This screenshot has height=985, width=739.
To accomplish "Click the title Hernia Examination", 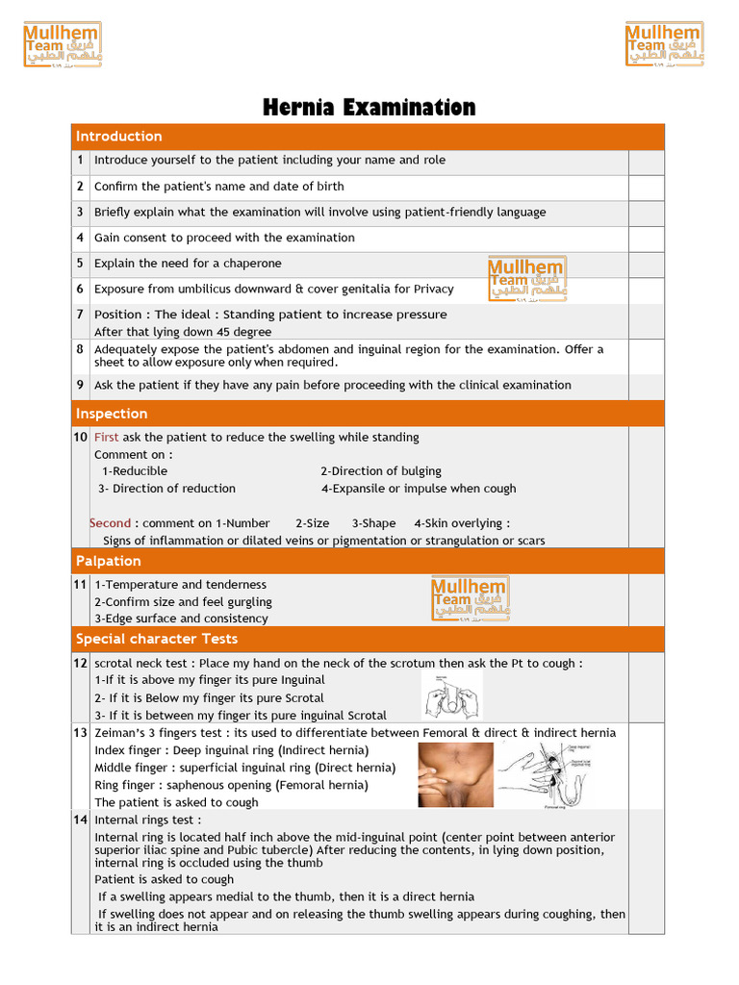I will point(369,108).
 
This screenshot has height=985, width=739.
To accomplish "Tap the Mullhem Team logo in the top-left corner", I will point(63,44).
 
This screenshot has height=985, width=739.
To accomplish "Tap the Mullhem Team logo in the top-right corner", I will point(664,44).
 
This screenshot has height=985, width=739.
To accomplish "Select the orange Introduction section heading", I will point(119,137).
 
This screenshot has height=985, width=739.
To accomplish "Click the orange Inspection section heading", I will point(112,414).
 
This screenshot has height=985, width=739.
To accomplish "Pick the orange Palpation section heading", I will point(109,561).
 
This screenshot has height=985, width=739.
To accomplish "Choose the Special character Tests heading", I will point(157,639).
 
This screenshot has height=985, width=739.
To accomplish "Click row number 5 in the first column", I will point(81,264).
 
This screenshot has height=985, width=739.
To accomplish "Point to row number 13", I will point(81,733).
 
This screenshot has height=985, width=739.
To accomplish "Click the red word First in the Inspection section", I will point(107,437).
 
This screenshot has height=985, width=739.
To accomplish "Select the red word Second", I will point(110,523).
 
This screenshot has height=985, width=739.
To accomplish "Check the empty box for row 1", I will point(646,162).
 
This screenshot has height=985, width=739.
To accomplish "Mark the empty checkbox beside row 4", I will point(646,239).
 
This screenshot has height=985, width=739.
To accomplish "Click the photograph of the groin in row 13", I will point(455,775).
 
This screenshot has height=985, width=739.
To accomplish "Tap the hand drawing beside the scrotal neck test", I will point(452,696).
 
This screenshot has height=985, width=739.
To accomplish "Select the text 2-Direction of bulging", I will point(381,471).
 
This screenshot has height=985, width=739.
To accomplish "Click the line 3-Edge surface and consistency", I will point(181,619).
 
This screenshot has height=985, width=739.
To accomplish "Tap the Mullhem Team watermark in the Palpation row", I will point(471,597).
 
